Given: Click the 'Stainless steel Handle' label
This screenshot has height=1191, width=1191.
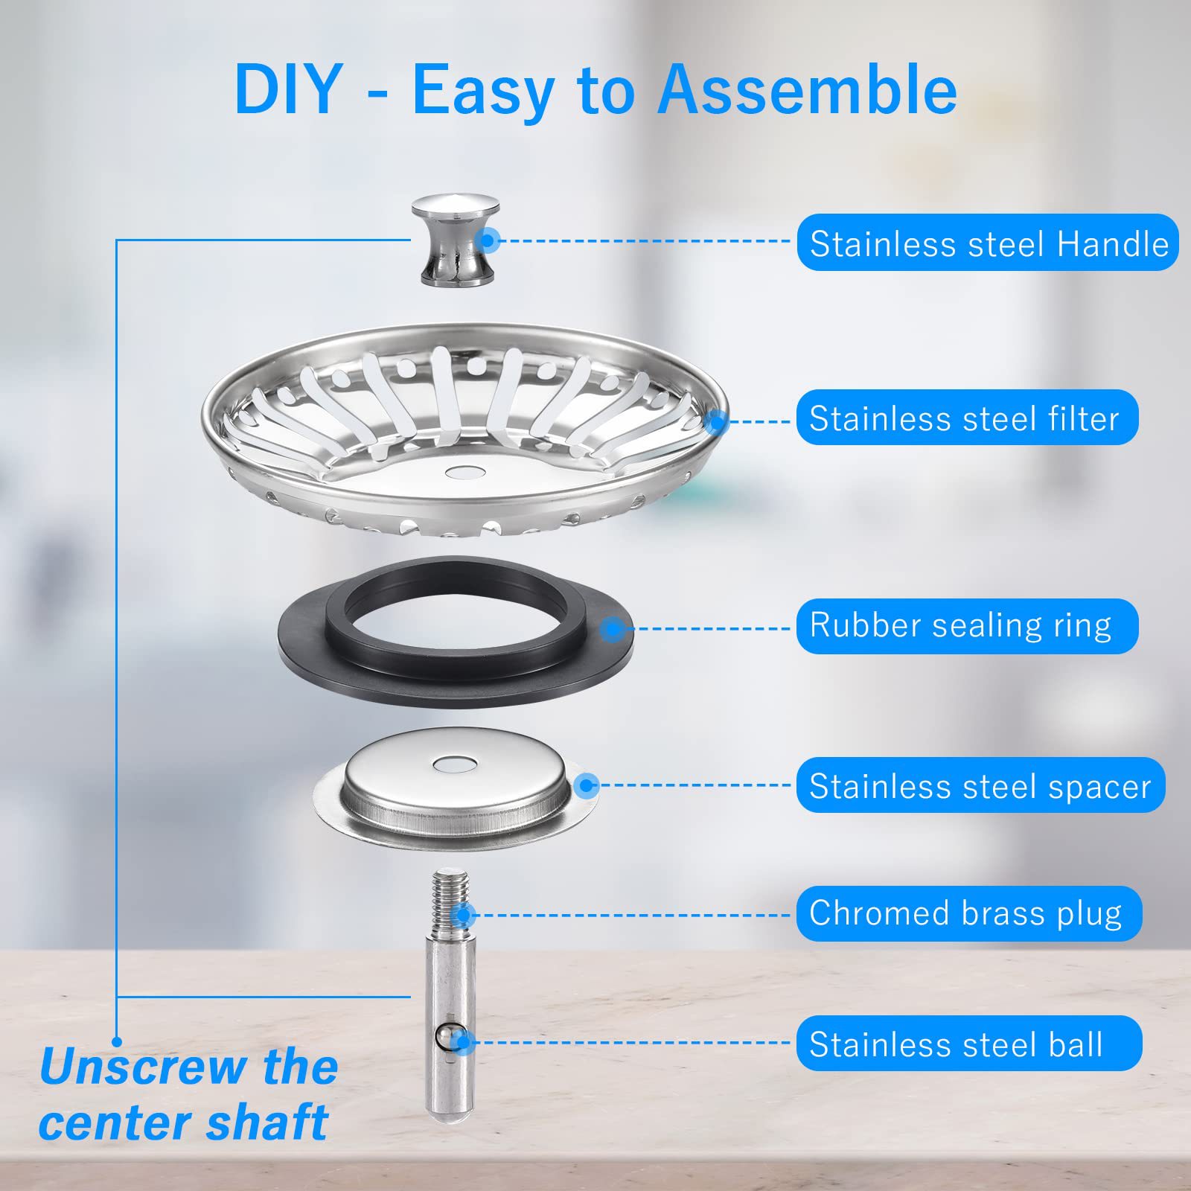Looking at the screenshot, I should (987, 243).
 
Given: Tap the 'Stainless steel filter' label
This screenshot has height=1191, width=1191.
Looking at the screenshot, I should (966, 418).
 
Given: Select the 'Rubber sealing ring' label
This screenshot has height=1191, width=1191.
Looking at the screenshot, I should (966, 626).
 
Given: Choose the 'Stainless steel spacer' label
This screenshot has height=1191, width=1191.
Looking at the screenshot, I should (980, 786).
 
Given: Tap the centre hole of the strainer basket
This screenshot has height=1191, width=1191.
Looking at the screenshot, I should (462, 472).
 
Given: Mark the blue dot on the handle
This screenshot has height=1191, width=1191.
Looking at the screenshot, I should (488, 240).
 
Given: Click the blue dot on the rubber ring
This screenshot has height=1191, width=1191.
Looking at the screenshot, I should (612, 630).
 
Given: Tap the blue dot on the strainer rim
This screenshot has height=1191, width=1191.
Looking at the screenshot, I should (716, 422).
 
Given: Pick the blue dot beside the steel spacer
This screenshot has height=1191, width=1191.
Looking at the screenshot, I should (587, 785).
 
